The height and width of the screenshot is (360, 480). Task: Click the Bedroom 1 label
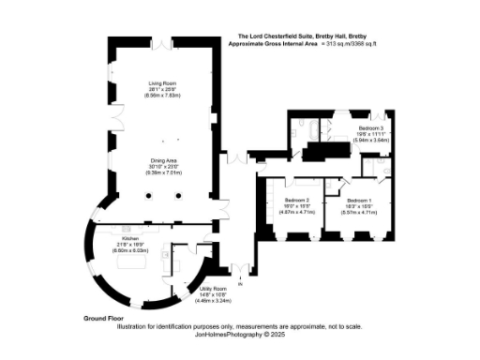point(360,202)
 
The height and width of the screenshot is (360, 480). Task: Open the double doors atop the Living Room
point(164,44)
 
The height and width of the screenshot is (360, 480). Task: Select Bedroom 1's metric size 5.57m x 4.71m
point(360,213)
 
